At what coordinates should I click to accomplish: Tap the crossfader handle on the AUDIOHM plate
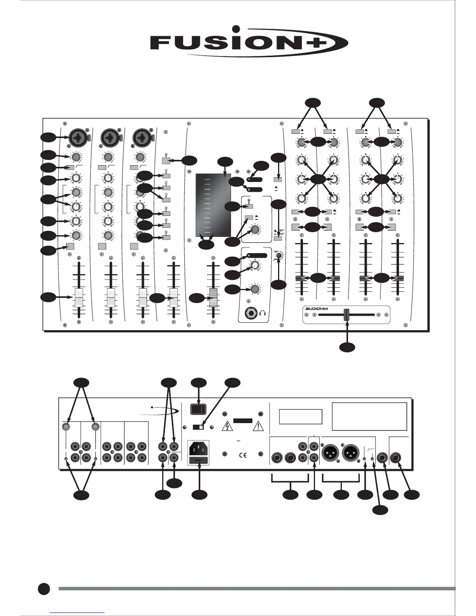(346, 315)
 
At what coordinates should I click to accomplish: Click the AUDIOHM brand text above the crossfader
(318, 308)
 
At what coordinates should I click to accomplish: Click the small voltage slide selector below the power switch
(198, 427)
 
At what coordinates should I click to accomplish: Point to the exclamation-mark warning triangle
(258, 427)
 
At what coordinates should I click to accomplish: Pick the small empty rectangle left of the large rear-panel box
(301, 416)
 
